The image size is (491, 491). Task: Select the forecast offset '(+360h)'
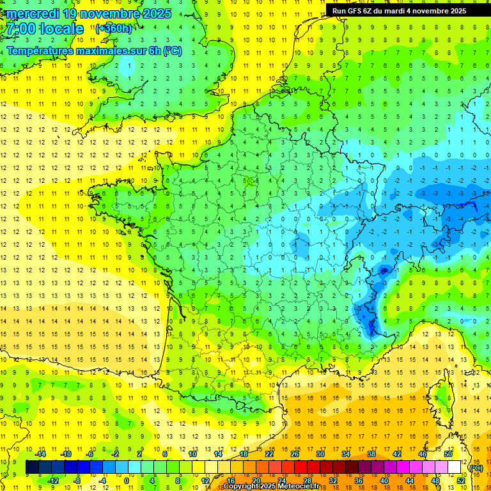coord(113,29)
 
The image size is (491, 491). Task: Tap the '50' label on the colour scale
coord(448,454)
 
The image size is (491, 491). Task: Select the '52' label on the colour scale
coord(460,481)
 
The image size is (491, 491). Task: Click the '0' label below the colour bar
coord(127,481)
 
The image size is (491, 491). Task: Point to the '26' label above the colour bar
coord(294,454)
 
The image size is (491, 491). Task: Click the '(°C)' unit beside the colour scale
coord(476,467)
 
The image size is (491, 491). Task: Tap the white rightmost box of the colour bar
coord(455,467)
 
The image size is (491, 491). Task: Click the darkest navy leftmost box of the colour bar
coord(32,467)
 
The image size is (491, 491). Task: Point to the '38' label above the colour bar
coord(371,454)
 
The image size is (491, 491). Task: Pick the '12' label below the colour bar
coord(205,481)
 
